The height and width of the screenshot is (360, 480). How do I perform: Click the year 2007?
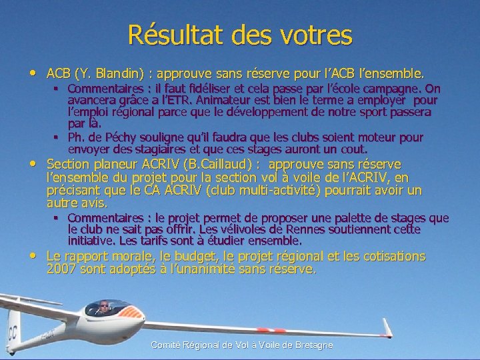click(x=61, y=269)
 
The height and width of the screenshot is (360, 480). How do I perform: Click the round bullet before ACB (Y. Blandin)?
click(x=34, y=71)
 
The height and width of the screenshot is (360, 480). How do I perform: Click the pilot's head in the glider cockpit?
click(x=104, y=307)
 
